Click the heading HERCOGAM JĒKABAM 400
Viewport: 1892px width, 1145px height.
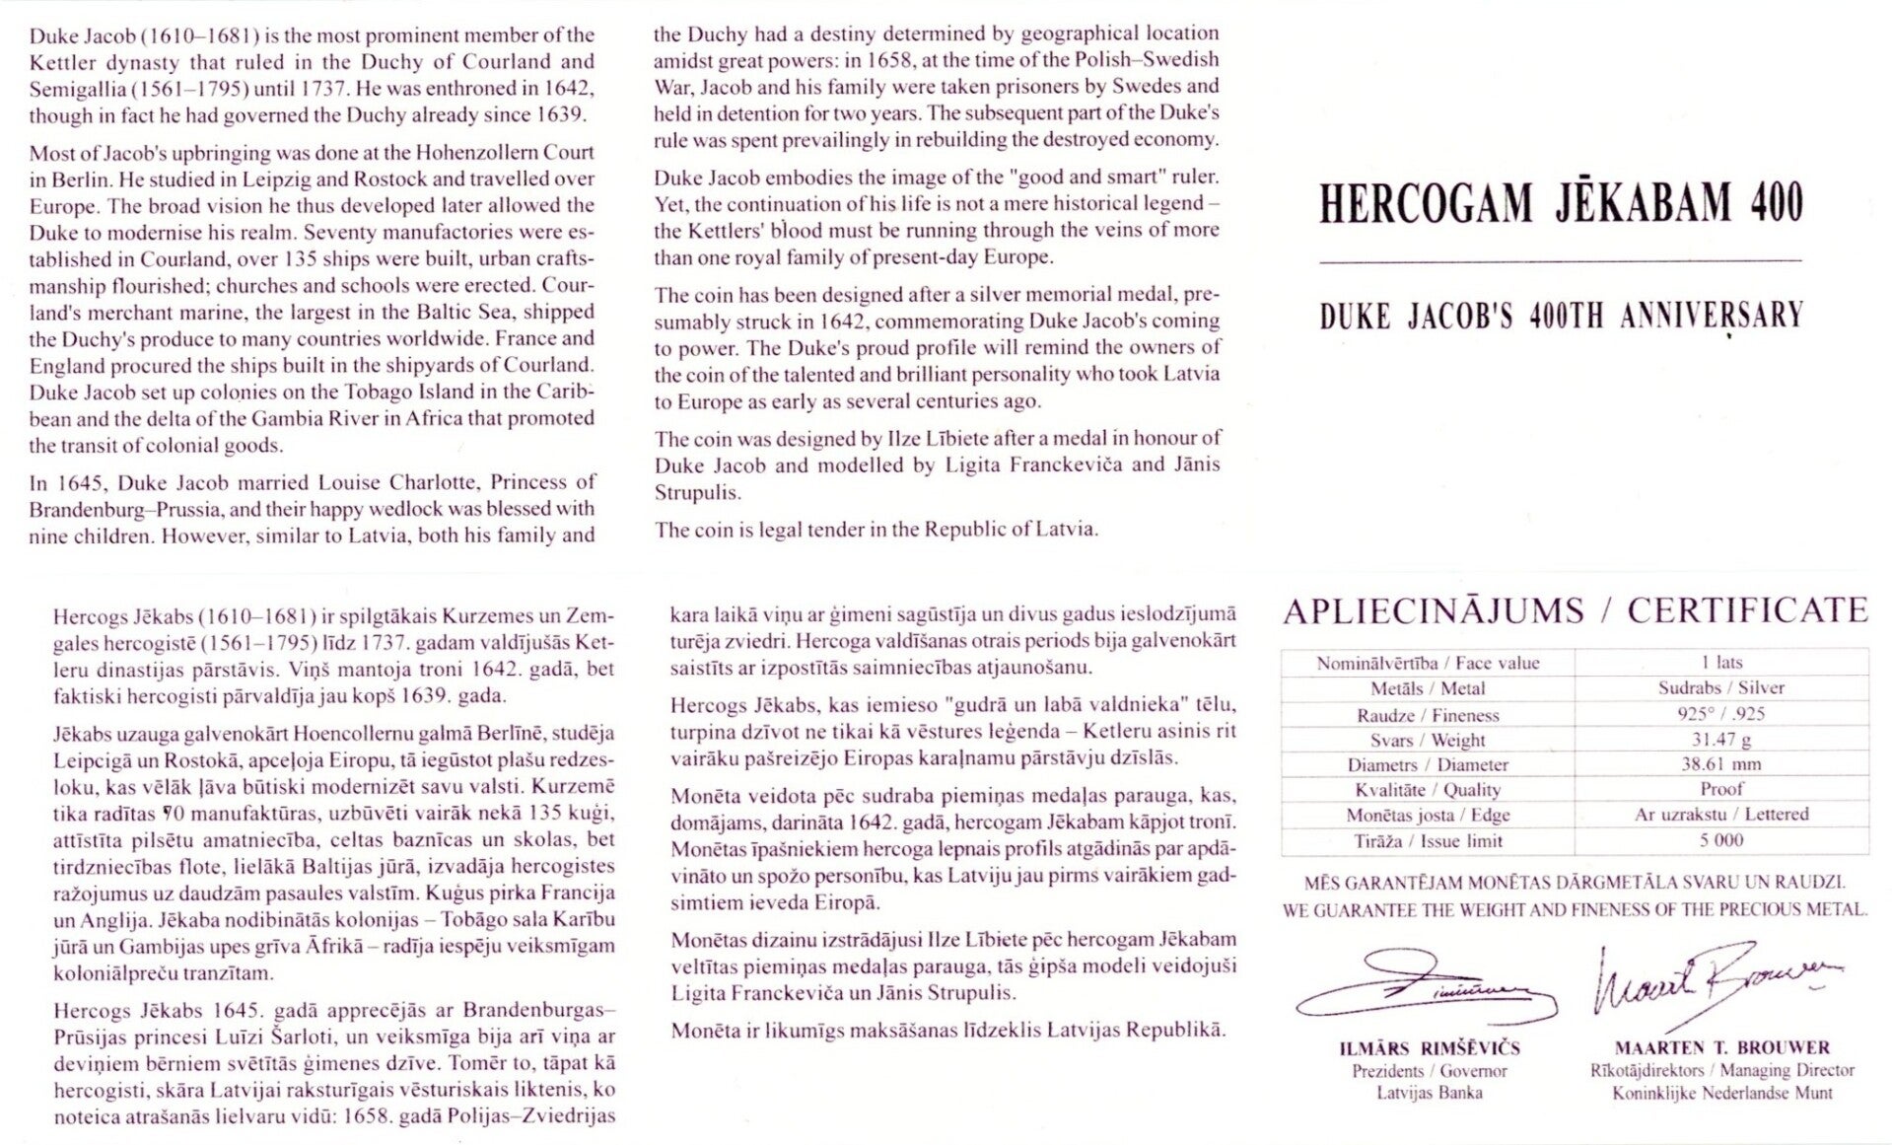tap(1561, 203)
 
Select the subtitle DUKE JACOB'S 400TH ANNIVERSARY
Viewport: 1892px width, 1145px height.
tap(1561, 316)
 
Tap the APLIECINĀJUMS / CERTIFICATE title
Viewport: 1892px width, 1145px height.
tap(1575, 611)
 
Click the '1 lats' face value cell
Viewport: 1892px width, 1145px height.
tap(1721, 663)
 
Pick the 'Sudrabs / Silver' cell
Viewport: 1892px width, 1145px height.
tap(1721, 688)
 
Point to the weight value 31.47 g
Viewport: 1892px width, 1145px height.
tap(1721, 740)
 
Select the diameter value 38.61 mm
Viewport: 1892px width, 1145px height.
tap(1721, 764)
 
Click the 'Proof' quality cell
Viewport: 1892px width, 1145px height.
tap(1721, 789)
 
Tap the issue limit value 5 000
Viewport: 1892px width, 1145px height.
tap(1721, 841)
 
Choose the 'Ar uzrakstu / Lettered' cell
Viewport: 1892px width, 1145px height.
tap(1721, 815)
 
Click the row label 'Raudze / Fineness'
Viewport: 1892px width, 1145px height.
tap(1428, 715)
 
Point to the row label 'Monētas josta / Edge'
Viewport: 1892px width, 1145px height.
tap(1428, 816)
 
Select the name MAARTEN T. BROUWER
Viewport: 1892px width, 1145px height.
tap(1721, 1048)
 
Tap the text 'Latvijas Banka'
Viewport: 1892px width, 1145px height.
tap(1429, 1093)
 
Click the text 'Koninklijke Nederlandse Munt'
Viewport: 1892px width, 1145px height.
tap(1721, 1093)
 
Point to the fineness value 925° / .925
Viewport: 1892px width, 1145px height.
tap(1721, 714)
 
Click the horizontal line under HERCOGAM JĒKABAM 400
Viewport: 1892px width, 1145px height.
tap(1561, 260)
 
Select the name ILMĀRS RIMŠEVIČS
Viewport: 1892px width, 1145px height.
tap(1429, 1048)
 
